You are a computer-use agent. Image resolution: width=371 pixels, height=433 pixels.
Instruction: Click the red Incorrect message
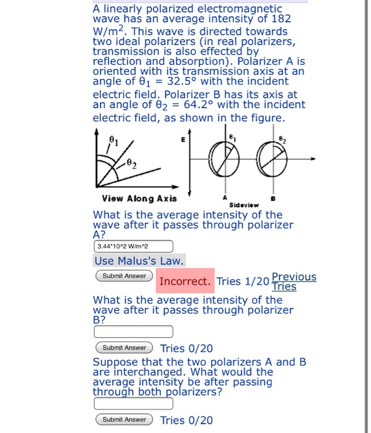click(185, 281)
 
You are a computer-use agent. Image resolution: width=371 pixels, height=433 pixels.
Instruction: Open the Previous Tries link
click(294, 281)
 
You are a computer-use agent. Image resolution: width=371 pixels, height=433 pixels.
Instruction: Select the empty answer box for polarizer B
click(133, 332)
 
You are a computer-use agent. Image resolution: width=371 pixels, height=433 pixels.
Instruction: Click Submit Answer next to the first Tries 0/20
click(124, 348)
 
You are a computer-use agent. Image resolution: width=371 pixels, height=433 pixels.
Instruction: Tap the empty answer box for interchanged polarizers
click(133, 403)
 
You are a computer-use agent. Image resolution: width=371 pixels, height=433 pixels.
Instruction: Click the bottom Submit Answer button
click(124, 420)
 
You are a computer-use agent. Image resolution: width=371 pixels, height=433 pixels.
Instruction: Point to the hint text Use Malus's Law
click(139, 261)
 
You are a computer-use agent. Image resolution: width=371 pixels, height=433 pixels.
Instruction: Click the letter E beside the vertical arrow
click(184, 141)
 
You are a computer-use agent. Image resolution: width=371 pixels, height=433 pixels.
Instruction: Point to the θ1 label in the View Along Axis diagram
click(113, 140)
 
